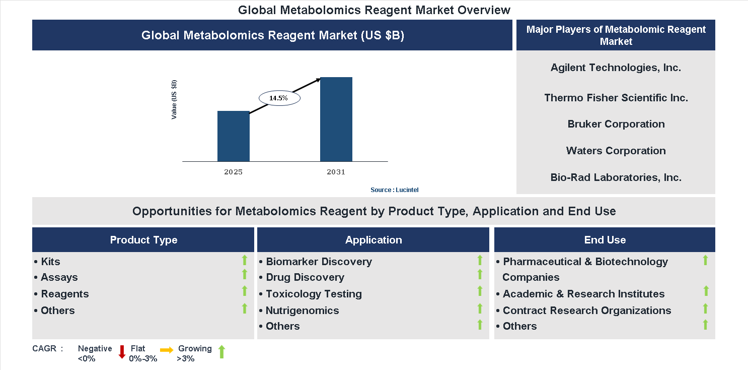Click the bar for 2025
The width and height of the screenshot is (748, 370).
click(233, 136)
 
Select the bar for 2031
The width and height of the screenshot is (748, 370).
click(336, 119)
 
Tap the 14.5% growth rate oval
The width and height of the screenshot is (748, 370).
click(279, 98)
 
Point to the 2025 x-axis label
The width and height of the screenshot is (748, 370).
click(233, 172)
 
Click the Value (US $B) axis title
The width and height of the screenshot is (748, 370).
click(174, 99)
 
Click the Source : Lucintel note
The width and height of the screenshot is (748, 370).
click(394, 190)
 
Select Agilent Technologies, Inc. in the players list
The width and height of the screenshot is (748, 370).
click(616, 68)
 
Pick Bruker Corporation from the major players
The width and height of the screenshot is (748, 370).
click(616, 124)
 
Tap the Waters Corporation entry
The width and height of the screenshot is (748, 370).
click(616, 151)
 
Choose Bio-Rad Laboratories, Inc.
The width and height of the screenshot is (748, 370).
click(616, 177)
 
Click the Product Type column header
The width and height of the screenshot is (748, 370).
click(143, 240)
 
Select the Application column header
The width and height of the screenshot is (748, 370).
click(373, 240)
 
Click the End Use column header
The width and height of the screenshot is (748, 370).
click(605, 240)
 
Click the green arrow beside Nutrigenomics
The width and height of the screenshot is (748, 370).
click(480, 308)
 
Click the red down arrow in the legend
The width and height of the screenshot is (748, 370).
click(122, 352)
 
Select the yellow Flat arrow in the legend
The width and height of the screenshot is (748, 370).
click(167, 349)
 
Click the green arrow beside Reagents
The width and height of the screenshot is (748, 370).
click(245, 291)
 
